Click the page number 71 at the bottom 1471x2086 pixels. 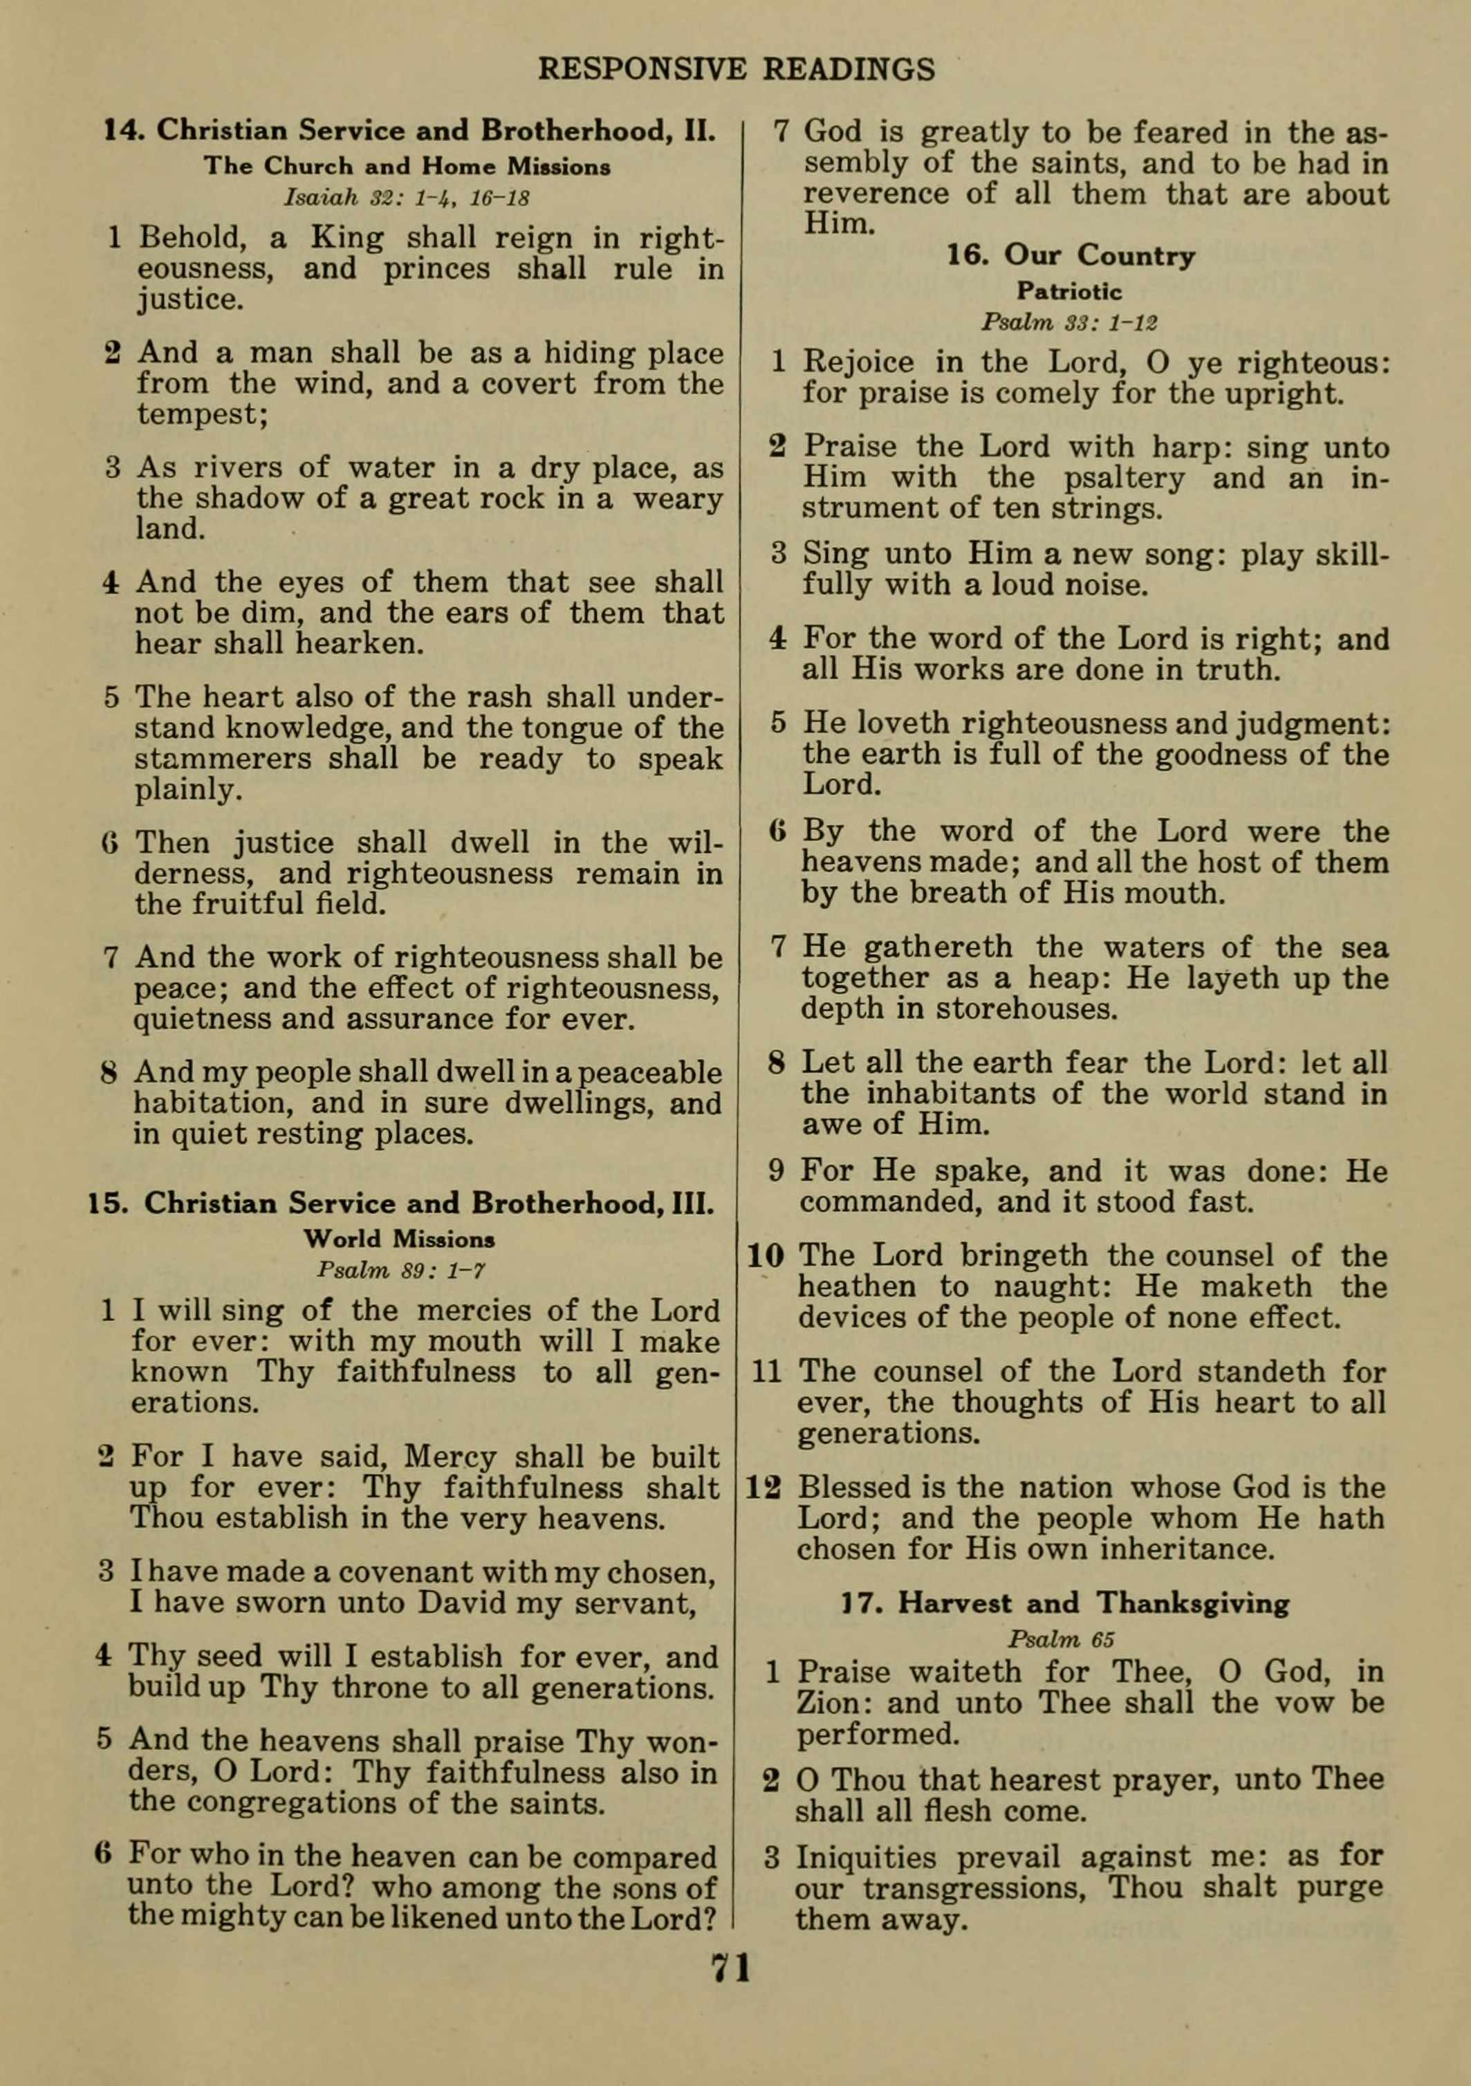732,1968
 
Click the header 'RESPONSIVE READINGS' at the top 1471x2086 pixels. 736,69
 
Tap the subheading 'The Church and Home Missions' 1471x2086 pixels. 407,167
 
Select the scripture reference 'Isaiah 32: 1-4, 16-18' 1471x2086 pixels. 407,198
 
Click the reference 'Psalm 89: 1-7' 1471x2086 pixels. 400,1269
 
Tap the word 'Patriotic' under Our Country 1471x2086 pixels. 1069,292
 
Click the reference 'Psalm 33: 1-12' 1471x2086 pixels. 1069,322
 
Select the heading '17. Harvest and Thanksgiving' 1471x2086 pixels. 1065,1603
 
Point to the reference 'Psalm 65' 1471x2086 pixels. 1060,1640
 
